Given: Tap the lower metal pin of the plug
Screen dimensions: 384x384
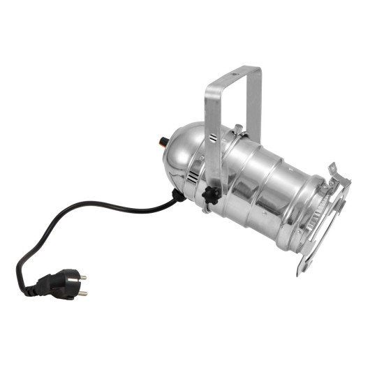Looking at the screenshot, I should tap(82, 293).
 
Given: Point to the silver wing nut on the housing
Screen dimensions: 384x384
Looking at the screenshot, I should tap(238, 131).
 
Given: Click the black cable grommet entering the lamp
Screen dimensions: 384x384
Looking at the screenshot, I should tap(179, 197).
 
